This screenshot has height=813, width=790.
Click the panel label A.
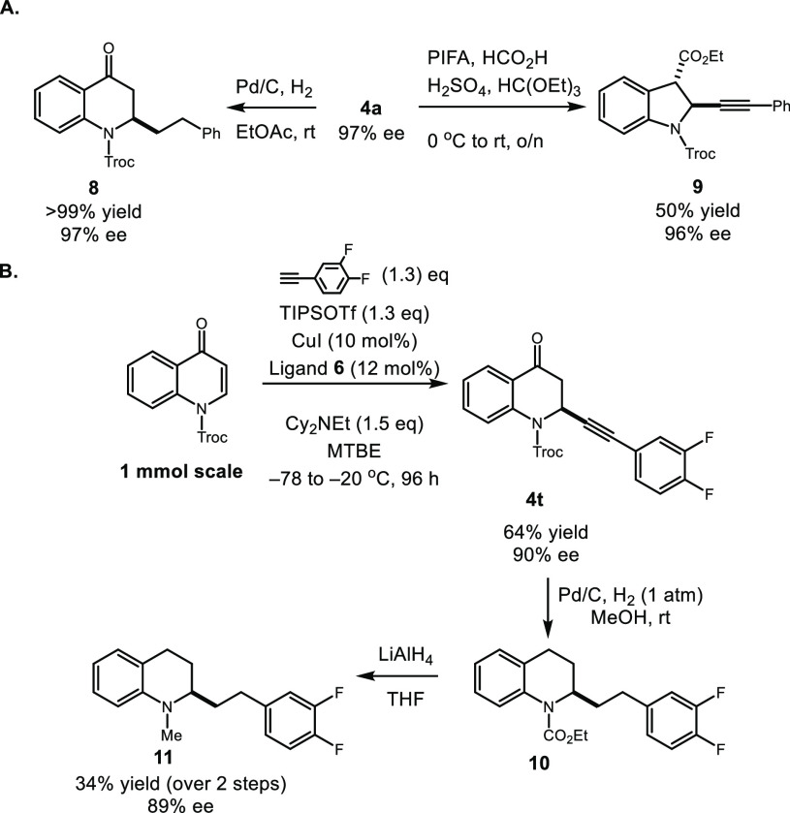point(14,12)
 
